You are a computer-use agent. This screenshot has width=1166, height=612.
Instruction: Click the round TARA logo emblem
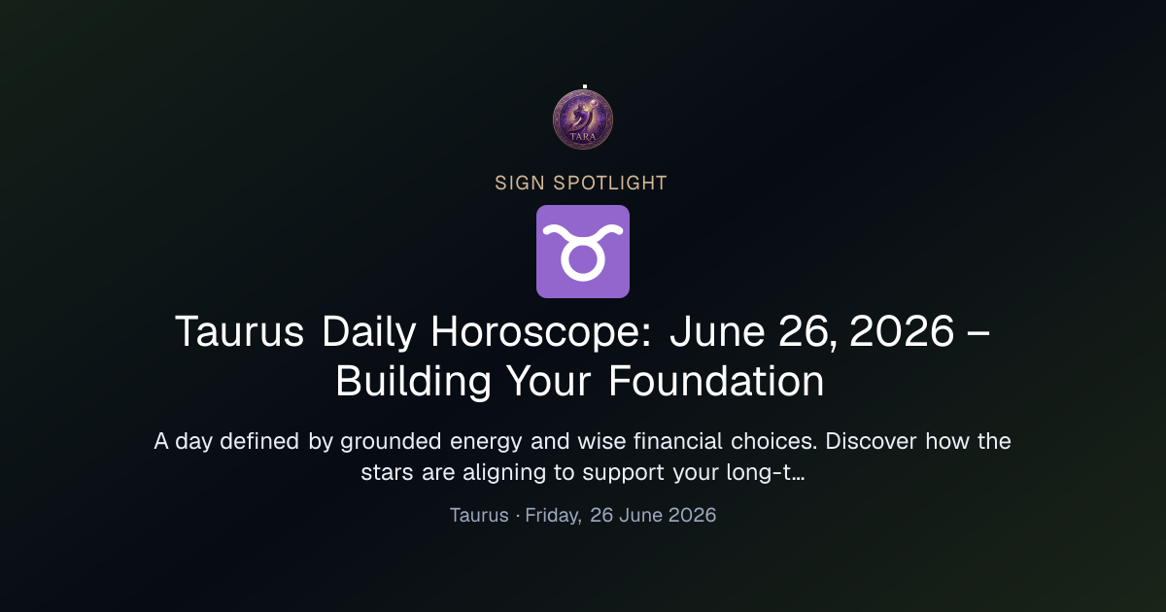582,119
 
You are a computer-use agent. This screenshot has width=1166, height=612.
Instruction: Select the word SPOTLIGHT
609,184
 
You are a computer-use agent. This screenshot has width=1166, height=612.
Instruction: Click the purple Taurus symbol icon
582,252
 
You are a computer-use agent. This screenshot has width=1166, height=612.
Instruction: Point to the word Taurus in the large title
239,331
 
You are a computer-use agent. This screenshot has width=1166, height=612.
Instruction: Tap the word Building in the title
413,382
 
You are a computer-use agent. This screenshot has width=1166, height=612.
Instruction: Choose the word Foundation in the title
716,381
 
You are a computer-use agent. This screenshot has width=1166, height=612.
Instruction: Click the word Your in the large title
549,381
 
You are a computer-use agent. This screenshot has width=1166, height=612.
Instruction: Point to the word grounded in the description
391,442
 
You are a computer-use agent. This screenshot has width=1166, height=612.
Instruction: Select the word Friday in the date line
553,515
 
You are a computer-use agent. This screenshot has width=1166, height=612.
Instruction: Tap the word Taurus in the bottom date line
479,515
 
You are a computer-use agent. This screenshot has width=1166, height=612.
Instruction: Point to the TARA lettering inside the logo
582,136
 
